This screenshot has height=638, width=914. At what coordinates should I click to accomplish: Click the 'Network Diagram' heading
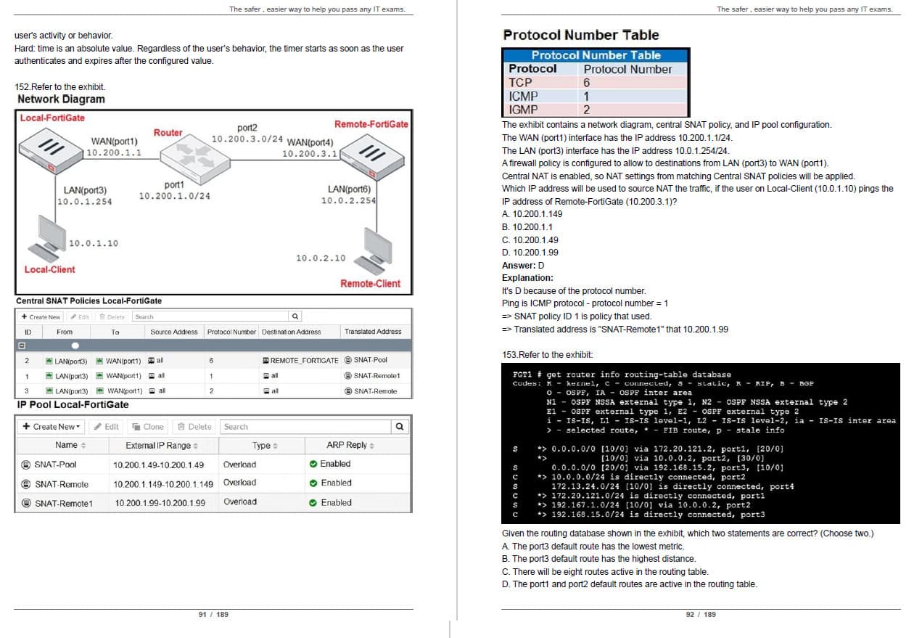coord(61,99)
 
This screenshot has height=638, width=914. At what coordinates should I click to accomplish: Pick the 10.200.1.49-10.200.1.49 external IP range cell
coord(158,465)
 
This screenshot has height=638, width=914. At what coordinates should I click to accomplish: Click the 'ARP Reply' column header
coord(350,445)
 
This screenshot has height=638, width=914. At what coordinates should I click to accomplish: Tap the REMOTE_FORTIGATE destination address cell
coord(300,361)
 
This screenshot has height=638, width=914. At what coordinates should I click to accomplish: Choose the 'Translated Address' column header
coord(373,332)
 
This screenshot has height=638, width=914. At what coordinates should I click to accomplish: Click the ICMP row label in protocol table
coord(523,97)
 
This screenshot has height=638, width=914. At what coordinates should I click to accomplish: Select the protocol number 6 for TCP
coord(586,83)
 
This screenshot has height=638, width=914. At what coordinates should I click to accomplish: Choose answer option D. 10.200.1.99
coord(530,253)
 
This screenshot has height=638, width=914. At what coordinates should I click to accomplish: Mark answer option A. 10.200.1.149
coord(532,214)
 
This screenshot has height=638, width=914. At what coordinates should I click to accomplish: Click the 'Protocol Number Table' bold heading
coord(580,35)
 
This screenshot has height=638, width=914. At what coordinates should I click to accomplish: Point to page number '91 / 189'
coord(213,615)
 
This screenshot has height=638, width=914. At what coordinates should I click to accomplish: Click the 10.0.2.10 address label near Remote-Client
coord(321,258)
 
